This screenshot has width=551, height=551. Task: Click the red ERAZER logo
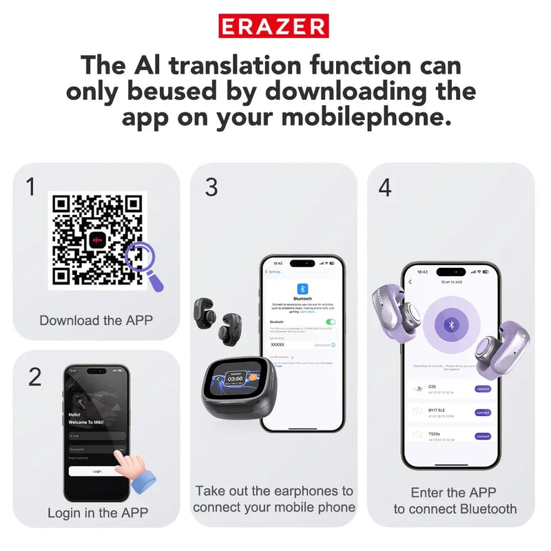pos(273,26)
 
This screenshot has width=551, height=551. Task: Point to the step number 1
pos(31,187)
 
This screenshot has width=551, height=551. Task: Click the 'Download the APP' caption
pos(96,320)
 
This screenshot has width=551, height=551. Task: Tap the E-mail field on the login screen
pos(96,435)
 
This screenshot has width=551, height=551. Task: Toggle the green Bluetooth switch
pos(331,322)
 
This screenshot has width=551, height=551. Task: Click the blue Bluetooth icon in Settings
pos(302,289)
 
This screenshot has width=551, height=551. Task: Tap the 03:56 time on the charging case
pos(234,378)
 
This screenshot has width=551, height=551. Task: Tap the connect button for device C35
pos(483,389)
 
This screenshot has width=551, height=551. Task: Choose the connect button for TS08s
pos(483,436)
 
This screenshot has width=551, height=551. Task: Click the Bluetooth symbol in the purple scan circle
pos(452,324)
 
